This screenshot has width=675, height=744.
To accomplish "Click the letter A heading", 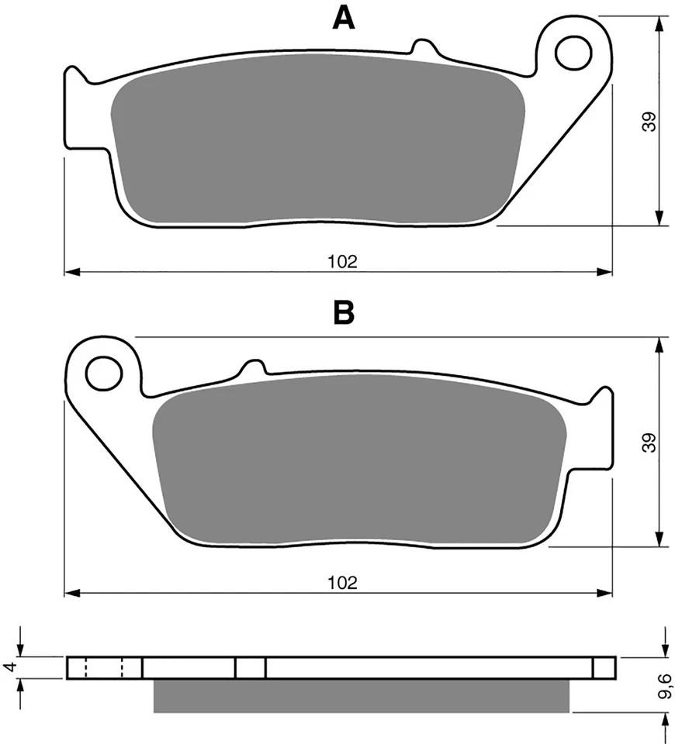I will (x=344, y=17).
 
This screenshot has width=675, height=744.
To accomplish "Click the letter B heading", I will (x=343, y=312).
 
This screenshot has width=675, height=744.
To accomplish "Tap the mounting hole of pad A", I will (x=573, y=50).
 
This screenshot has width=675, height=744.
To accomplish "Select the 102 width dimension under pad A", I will (x=342, y=262).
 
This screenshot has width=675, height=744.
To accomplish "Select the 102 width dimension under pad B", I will (x=342, y=583).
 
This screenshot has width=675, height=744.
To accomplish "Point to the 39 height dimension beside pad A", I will (x=650, y=121).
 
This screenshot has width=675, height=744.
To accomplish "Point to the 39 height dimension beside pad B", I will (x=650, y=442).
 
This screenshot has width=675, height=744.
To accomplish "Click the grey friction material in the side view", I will (x=362, y=695).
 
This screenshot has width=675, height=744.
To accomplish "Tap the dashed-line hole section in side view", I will (x=104, y=667).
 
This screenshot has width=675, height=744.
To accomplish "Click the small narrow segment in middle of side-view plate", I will (x=250, y=667).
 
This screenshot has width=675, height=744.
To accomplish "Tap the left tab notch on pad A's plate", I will (x=73, y=77).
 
